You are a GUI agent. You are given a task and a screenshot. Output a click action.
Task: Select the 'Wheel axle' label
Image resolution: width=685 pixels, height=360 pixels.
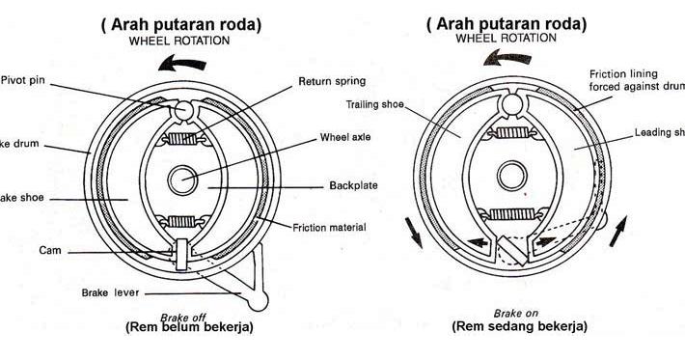(x=345, y=137)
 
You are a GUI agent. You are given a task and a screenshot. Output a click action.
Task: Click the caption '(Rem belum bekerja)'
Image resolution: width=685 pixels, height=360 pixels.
(x=189, y=326)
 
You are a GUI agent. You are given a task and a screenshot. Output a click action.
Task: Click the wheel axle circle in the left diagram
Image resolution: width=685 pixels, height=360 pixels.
(x=182, y=180)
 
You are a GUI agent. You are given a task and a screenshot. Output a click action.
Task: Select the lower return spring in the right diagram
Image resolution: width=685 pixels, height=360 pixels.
(x=513, y=212)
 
